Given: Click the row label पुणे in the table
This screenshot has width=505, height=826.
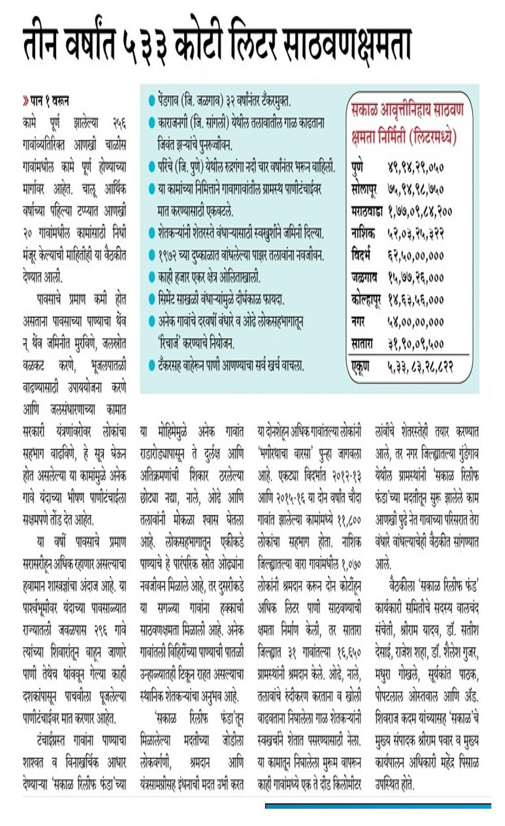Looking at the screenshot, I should (357, 167).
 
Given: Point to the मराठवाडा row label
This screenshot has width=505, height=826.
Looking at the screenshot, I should (367, 211).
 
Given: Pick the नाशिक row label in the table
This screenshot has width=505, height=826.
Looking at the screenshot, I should (363, 233).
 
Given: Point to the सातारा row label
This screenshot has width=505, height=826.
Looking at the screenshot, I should (362, 344).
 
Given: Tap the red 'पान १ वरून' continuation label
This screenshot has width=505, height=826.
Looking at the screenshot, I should (47, 101).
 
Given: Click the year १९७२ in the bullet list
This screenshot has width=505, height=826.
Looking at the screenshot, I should (169, 256).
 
